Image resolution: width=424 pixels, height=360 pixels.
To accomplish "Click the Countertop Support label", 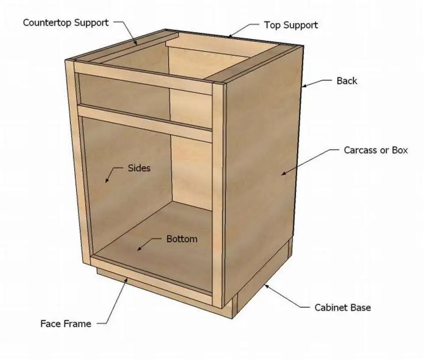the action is coord(66,23).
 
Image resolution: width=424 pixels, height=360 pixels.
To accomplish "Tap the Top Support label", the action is coord(291,25).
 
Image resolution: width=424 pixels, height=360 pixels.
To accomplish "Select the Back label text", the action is coord(347,80).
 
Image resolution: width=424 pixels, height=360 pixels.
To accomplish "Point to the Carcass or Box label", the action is coord(375,150).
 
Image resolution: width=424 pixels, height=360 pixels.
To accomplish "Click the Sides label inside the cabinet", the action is coord(139,168).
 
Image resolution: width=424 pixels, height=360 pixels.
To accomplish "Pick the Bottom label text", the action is coord(182,239).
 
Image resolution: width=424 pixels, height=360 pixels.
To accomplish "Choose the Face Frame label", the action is coord(66,323).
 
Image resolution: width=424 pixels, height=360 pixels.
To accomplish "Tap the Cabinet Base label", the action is coord(343,307).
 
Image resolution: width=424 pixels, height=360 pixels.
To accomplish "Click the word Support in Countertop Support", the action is coord(91,23).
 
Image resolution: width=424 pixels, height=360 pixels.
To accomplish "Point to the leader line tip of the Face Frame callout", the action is coord(127,279).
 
